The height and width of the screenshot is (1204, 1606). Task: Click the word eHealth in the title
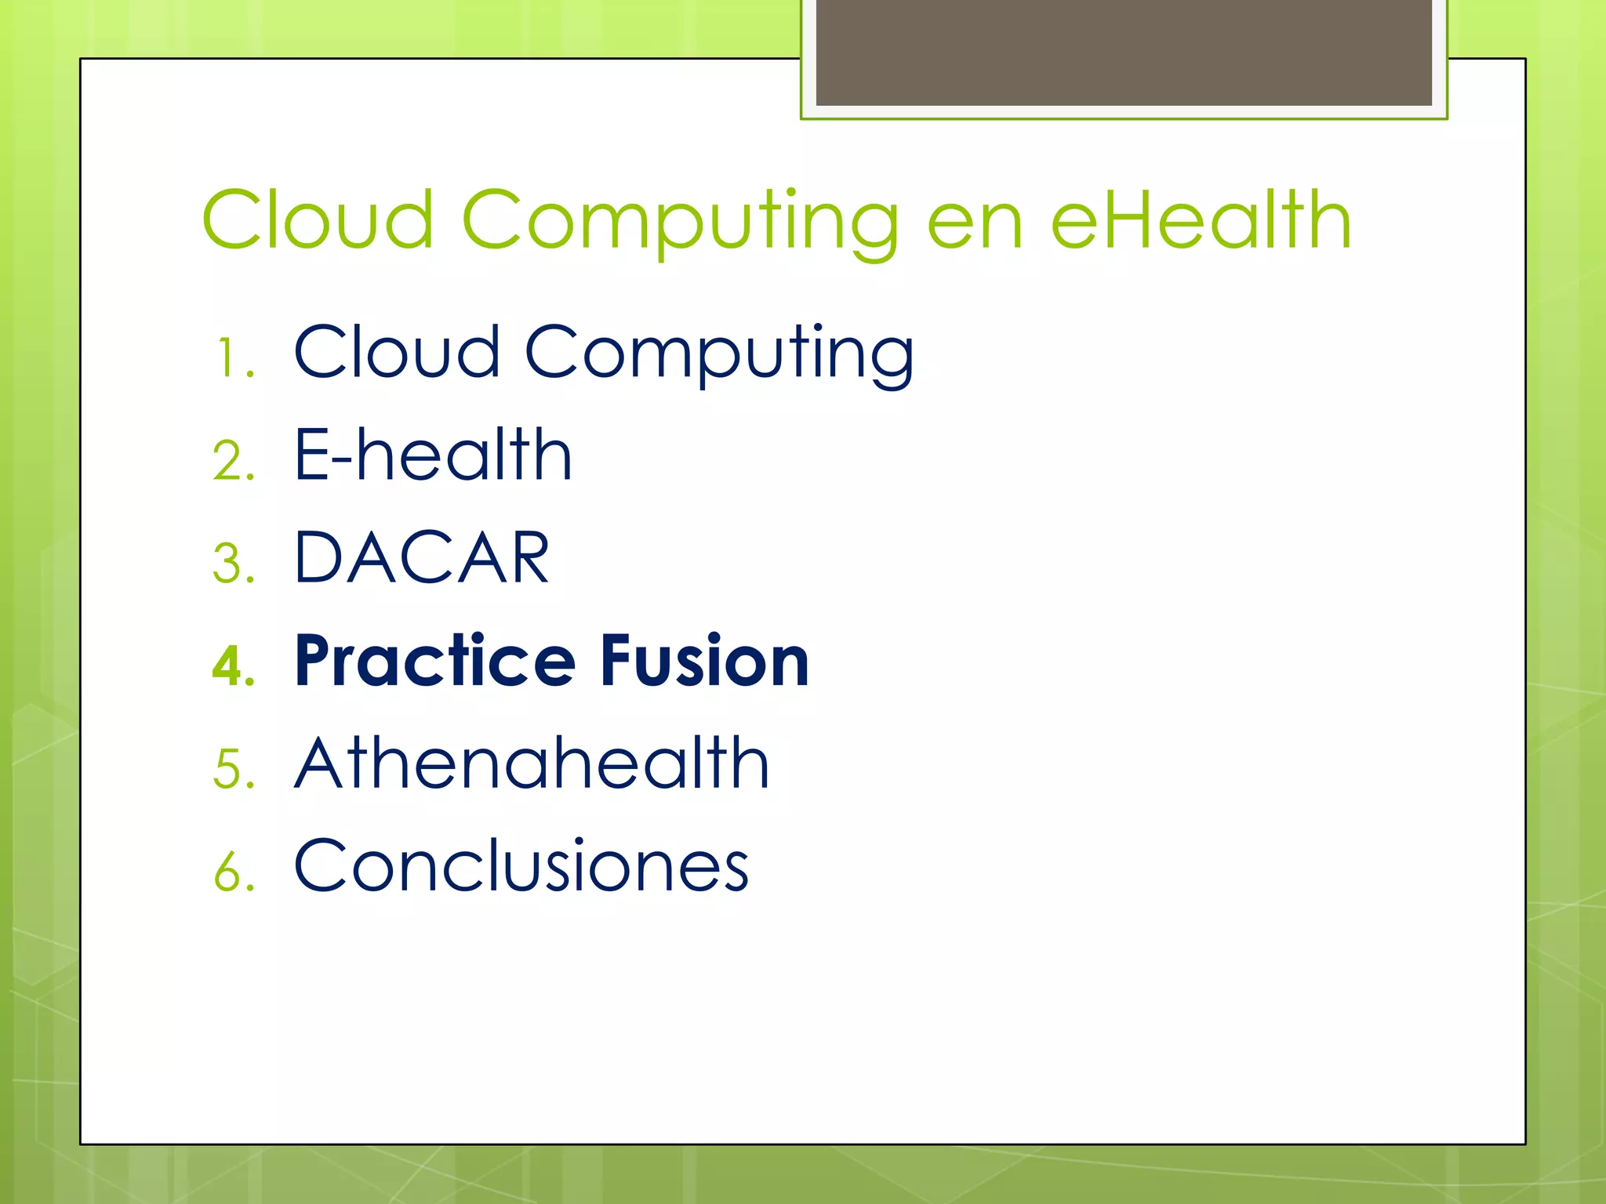[1201, 221]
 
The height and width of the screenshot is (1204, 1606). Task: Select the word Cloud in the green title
[318, 221]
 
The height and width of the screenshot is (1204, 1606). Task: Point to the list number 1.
[233, 358]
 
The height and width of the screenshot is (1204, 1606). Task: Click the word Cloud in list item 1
[397, 352]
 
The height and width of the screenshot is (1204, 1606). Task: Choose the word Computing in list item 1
[719, 355]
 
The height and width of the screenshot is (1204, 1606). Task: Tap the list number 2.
[234, 461]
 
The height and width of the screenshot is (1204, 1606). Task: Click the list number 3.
[234, 564]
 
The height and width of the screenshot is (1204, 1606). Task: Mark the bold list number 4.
[234, 666]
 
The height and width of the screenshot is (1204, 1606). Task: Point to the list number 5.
[234, 769]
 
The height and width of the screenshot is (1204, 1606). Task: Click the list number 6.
[234, 872]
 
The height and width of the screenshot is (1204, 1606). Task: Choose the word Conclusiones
[521, 866]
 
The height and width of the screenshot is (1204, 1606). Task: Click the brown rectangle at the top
[1124, 53]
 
